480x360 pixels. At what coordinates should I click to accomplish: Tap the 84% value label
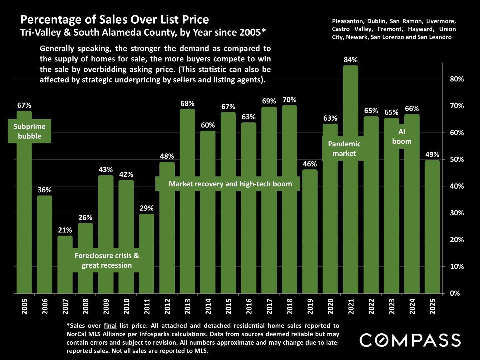point(351,60)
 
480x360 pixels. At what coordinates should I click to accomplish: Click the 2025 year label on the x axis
point(433,306)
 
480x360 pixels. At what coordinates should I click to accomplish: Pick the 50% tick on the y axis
point(457,160)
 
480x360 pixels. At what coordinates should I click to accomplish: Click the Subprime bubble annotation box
point(30,131)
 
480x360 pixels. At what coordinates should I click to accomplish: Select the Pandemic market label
point(344,149)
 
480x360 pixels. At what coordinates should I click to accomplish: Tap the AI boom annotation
point(402,137)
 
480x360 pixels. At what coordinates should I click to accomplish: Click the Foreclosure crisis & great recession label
point(107,260)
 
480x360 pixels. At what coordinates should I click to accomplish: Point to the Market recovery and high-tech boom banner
point(230,184)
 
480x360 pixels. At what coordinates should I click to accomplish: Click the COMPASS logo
point(410,340)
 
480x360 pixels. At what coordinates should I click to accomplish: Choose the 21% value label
point(65,230)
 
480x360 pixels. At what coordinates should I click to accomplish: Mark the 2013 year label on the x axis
point(188,306)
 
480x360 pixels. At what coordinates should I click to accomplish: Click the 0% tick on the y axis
point(455,293)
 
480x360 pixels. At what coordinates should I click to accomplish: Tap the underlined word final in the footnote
point(110,326)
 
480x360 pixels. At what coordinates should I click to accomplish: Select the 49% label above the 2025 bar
point(432,155)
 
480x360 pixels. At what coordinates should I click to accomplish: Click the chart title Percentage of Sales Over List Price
point(115,20)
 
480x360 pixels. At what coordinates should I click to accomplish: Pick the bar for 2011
point(147,253)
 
